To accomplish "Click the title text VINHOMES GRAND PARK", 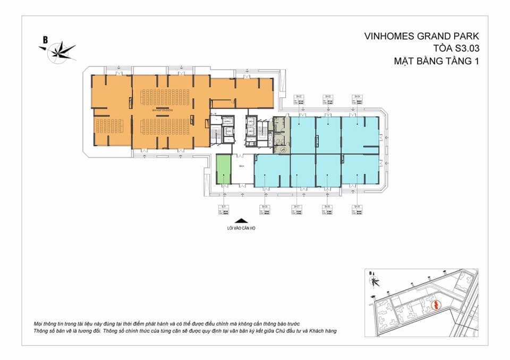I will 422,37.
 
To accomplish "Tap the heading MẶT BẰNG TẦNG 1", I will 436,61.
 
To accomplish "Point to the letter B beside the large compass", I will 46,39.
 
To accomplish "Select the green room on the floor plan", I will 224,169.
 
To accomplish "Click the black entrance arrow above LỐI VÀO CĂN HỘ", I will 242,222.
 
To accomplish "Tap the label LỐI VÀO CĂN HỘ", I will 242,230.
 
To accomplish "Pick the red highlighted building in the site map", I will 435,305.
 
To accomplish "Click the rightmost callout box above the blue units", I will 357,100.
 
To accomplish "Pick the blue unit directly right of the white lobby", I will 271,171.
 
